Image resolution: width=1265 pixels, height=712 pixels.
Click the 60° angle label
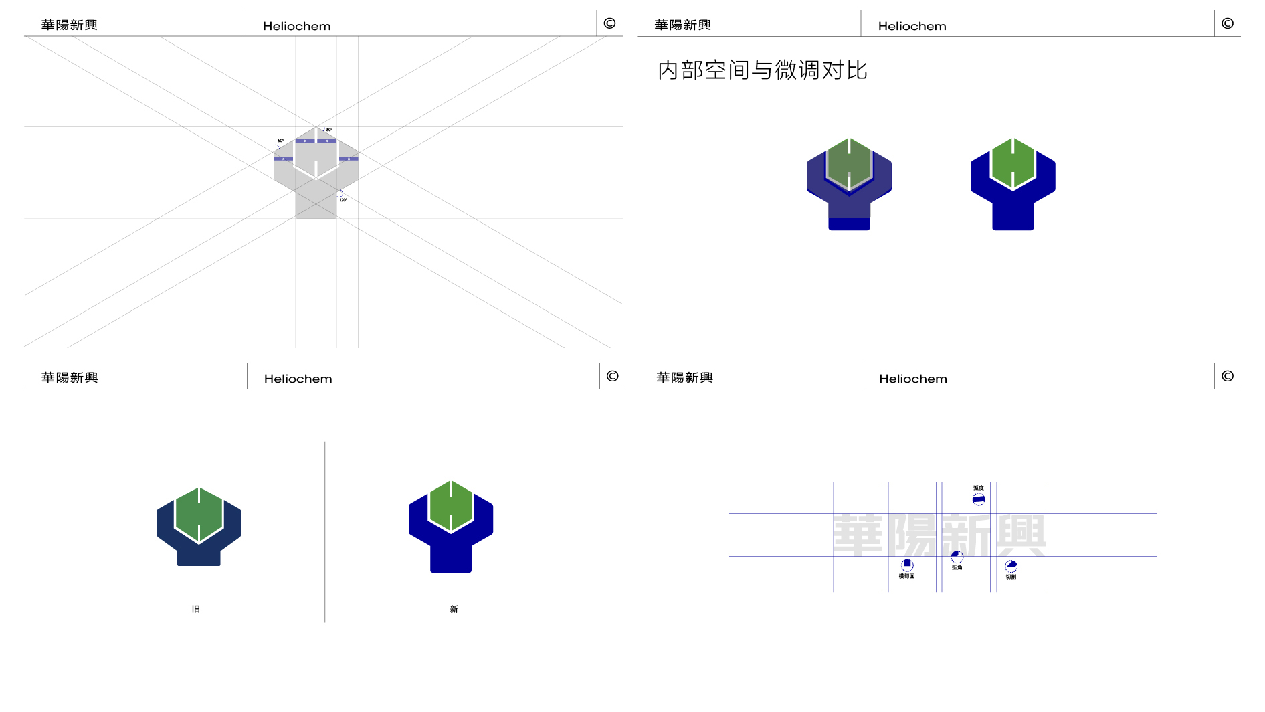[280, 141]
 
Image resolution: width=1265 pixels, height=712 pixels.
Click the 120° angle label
[343, 200]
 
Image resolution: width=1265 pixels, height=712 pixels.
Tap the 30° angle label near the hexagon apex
[329, 130]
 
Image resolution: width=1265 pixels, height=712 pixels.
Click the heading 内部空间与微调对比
[762, 70]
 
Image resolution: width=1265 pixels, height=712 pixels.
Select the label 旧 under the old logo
[196, 609]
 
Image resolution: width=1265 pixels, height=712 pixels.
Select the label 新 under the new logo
[454, 609]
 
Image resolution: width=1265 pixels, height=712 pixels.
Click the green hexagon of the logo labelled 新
[451, 506]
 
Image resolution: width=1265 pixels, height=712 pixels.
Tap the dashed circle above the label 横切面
[907, 565]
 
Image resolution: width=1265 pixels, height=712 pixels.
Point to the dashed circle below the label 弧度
[978, 499]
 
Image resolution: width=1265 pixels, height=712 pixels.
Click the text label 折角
[957, 567]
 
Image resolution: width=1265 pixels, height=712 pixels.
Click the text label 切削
[1011, 577]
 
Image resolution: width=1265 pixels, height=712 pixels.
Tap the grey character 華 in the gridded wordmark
[860, 535]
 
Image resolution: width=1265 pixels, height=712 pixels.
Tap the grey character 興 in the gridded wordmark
[1021, 535]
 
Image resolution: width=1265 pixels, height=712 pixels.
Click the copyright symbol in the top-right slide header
[1227, 23]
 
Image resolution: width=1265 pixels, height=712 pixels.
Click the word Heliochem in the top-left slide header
[296, 26]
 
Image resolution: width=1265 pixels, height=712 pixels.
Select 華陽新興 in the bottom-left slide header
[70, 377]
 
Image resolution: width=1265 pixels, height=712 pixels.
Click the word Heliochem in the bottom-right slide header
[912, 379]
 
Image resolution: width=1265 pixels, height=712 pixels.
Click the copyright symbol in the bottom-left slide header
[612, 376]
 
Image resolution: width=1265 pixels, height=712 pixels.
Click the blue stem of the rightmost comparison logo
[1013, 215]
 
